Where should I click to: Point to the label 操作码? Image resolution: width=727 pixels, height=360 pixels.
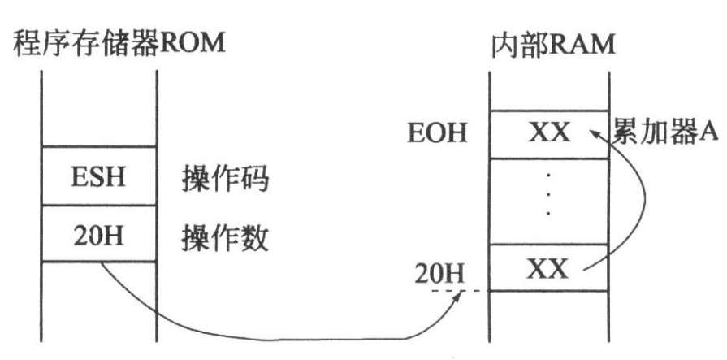point(224,178)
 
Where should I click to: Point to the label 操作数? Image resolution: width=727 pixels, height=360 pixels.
point(224,236)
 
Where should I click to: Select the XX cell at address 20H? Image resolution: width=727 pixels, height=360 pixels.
point(549,268)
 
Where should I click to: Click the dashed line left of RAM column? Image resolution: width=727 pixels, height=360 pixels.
point(455,291)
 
